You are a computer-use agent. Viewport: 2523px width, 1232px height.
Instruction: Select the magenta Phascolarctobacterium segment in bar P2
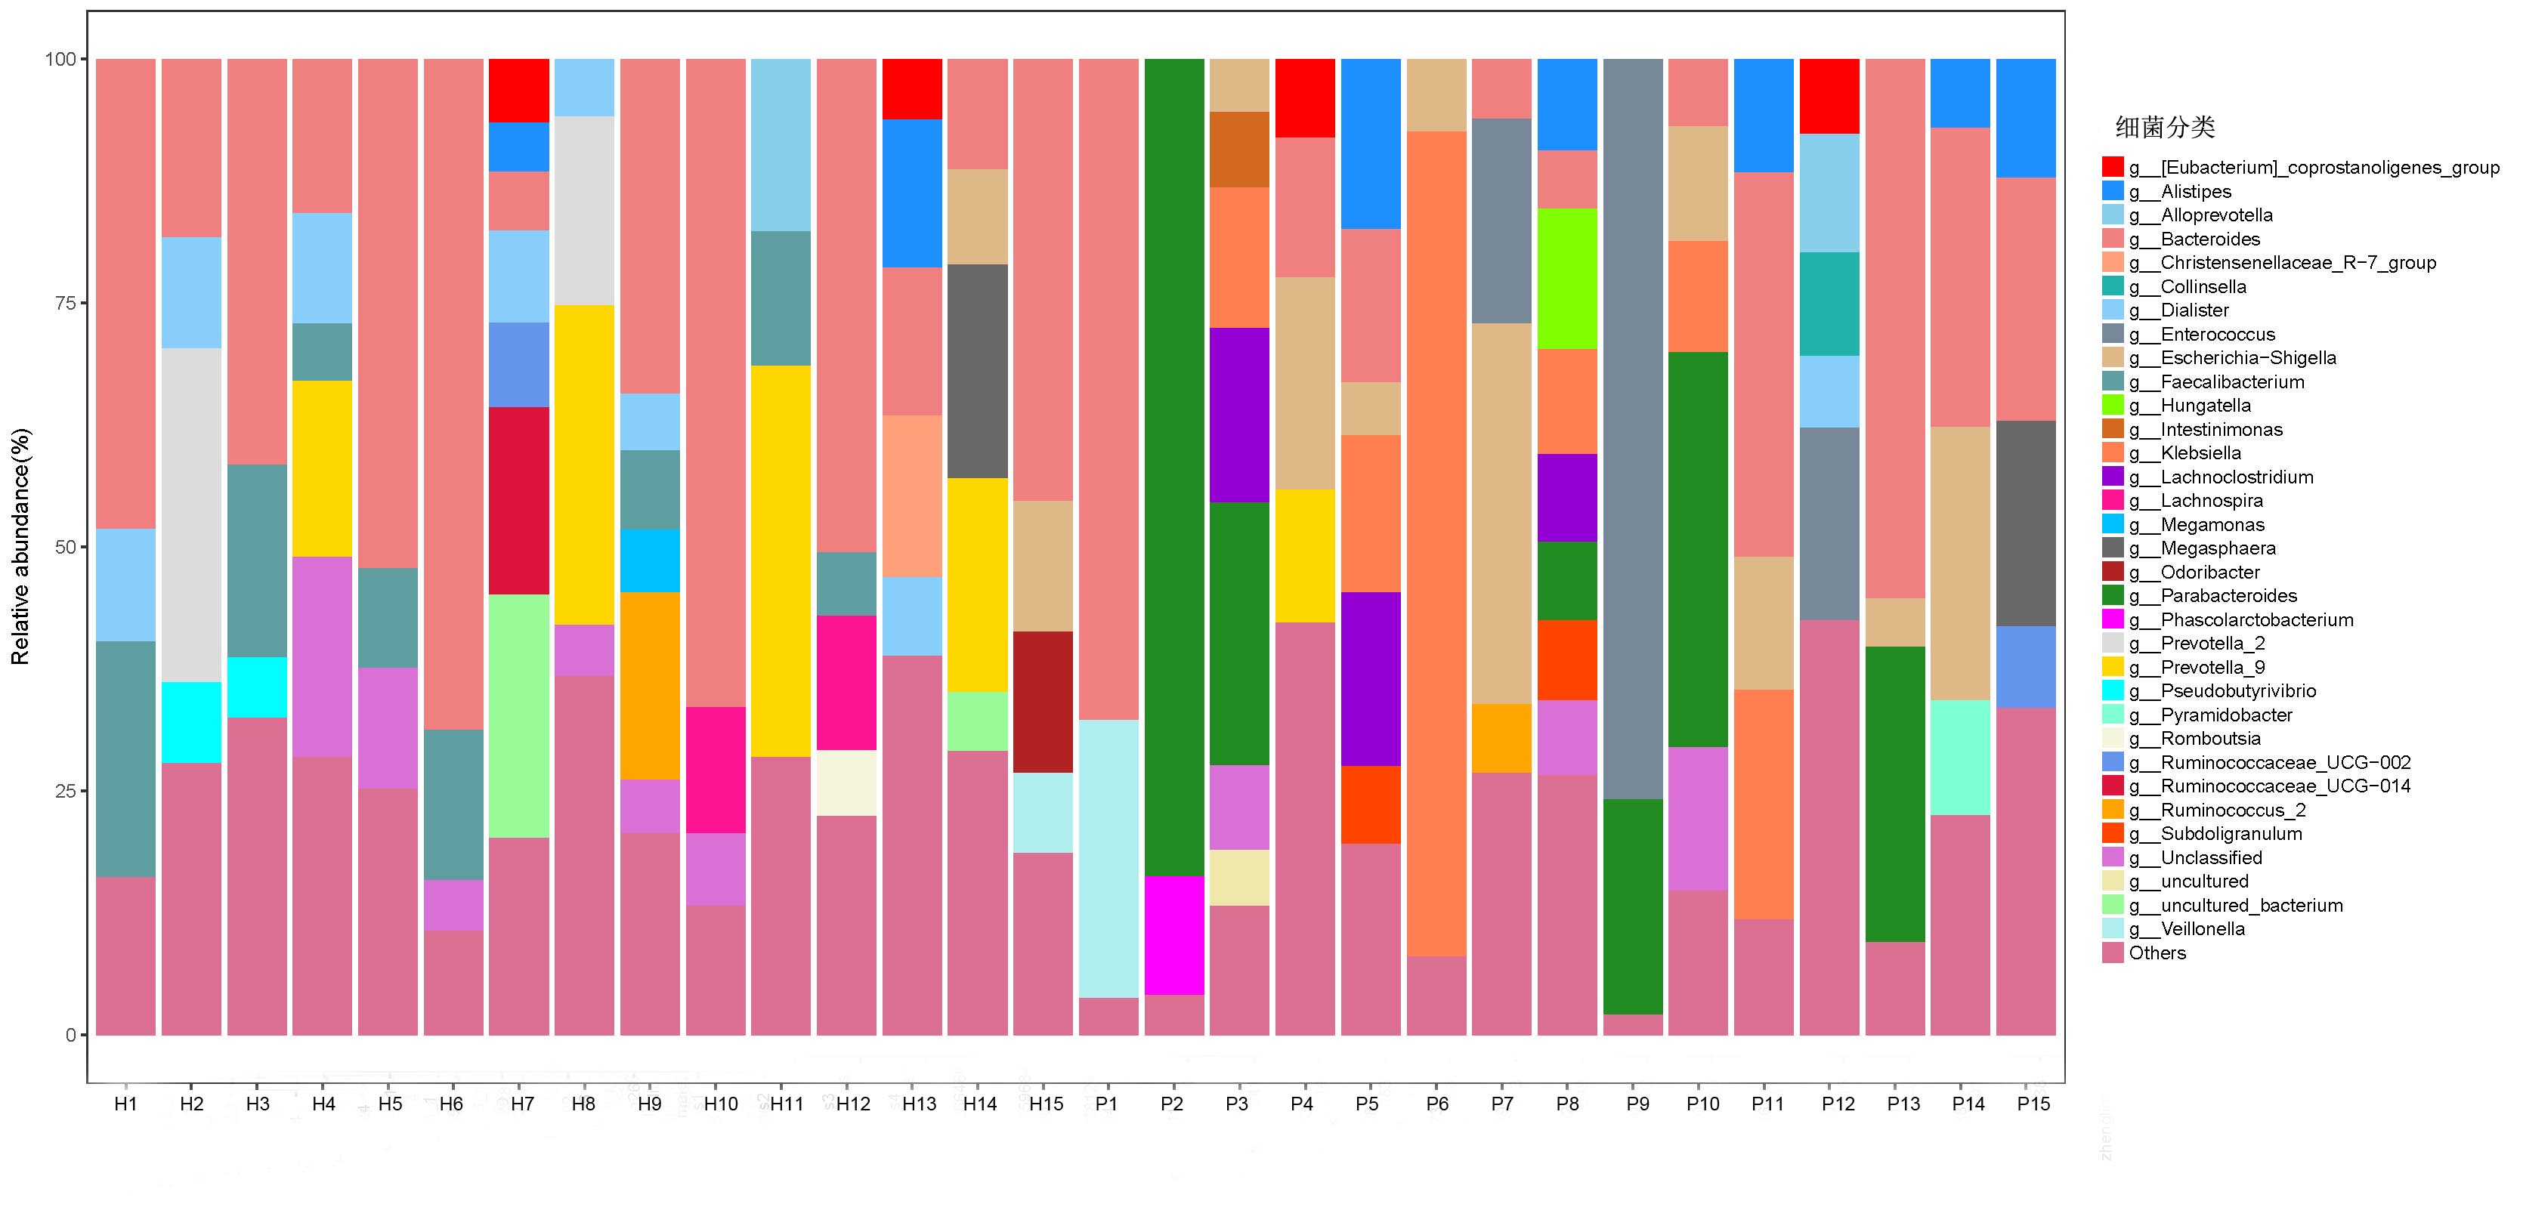tap(1173, 935)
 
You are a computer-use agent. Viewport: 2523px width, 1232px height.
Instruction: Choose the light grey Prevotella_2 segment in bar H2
tap(191, 514)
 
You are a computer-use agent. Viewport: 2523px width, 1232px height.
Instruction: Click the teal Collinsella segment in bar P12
tap(1829, 304)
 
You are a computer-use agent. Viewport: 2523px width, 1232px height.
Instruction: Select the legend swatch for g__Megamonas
tap(2113, 525)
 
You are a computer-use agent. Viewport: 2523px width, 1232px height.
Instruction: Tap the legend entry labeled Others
tap(2157, 953)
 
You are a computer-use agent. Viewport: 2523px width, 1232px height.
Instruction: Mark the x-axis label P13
tap(1903, 1104)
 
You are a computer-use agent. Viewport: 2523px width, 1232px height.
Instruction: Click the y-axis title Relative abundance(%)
tap(20, 546)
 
